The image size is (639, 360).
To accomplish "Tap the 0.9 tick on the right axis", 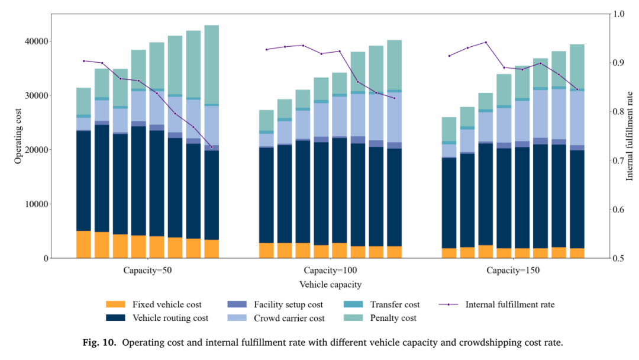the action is pyautogui.click(x=619, y=63).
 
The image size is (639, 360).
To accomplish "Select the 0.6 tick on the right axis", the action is pyautogui.click(x=619, y=210).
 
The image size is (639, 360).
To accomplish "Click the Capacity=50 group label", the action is pyautogui.click(x=147, y=271).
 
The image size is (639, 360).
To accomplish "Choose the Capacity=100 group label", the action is pyautogui.click(x=331, y=271).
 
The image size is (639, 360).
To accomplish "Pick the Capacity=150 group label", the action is pyautogui.click(x=513, y=271).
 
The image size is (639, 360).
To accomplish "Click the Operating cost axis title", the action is pyautogui.click(x=18, y=136).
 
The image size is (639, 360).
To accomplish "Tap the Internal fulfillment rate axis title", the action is pyautogui.click(x=630, y=136).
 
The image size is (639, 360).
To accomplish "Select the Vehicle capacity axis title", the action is pyautogui.click(x=331, y=285).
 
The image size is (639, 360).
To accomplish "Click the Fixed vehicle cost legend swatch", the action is pyautogui.click(x=115, y=304).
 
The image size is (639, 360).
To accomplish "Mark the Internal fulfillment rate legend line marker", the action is pyautogui.click(x=448, y=304).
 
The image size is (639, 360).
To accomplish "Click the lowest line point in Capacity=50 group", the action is pyautogui.click(x=211, y=147).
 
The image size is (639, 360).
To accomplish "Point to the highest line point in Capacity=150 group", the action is pyautogui.click(x=486, y=43).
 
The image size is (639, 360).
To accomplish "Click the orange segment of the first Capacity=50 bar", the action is pyautogui.click(x=83, y=245).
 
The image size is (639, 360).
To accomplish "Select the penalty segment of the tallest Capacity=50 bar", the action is pyautogui.click(x=211, y=65).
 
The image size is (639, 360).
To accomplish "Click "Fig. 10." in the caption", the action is pyautogui.click(x=99, y=342).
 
